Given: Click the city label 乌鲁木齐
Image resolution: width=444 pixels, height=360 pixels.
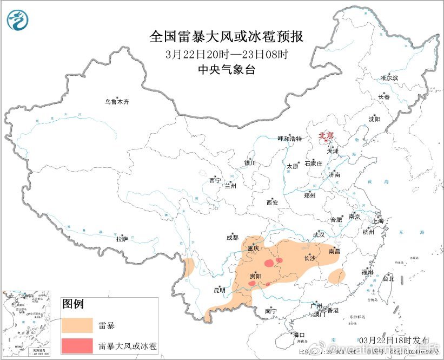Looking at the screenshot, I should (117, 102).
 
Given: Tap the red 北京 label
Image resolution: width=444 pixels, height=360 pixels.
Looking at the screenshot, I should (326, 135).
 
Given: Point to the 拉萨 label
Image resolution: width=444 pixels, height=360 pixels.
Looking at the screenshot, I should (122, 238).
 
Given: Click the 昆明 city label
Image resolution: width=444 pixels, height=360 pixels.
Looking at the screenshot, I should (219, 290).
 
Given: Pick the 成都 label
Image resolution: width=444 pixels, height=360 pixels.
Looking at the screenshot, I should (232, 237).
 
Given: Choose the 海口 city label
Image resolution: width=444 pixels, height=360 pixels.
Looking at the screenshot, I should (299, 335).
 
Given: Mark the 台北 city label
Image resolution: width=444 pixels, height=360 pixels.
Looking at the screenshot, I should (388, 279).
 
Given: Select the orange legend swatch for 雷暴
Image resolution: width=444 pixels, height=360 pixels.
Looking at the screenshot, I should (77, 325).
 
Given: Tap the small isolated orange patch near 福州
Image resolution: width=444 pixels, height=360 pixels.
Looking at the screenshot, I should (336, 276).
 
